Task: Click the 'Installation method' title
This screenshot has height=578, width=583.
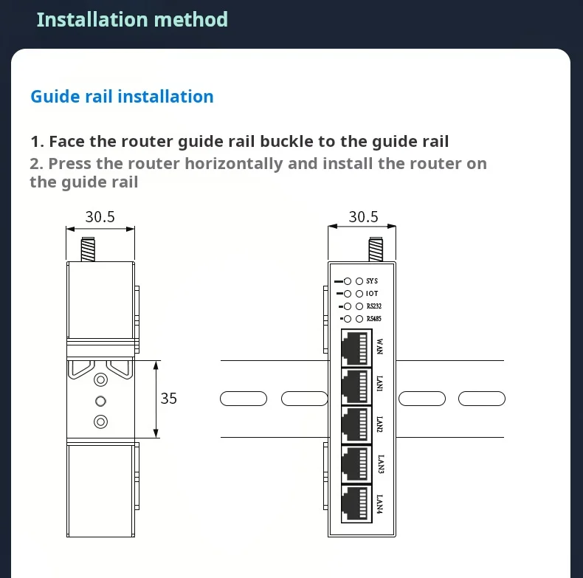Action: point(132,19)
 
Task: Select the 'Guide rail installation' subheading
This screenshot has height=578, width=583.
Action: point(122,97)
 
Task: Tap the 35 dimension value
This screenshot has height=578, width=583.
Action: point(168,399)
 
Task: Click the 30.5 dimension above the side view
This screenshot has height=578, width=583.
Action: point(100,217)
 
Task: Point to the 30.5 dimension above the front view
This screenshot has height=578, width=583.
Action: point(363,217)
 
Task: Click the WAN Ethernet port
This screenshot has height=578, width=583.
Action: point(356,348)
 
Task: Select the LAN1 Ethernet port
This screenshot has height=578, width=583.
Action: point(356,387)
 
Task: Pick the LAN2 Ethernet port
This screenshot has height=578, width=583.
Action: point(356,425)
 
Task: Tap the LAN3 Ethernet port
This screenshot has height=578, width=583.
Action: point(356,464)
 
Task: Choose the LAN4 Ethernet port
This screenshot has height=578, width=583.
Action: point(356,504)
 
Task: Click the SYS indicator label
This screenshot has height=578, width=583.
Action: point(372,281)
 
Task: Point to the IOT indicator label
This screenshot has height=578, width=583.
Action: point(372,294)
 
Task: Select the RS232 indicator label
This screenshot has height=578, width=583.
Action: point(374,306)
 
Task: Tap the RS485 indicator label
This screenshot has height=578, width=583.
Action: point(374,319)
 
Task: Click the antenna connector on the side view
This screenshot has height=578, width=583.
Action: point(88,250)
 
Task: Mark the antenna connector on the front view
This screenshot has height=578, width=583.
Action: point(376,250)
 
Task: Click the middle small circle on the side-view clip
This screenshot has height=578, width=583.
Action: point(100,401)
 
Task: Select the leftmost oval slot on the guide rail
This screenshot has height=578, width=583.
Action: point(244,399)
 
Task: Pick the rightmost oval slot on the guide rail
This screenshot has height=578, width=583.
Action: point(482,399)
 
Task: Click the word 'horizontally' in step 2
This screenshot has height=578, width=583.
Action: point(234,164)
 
